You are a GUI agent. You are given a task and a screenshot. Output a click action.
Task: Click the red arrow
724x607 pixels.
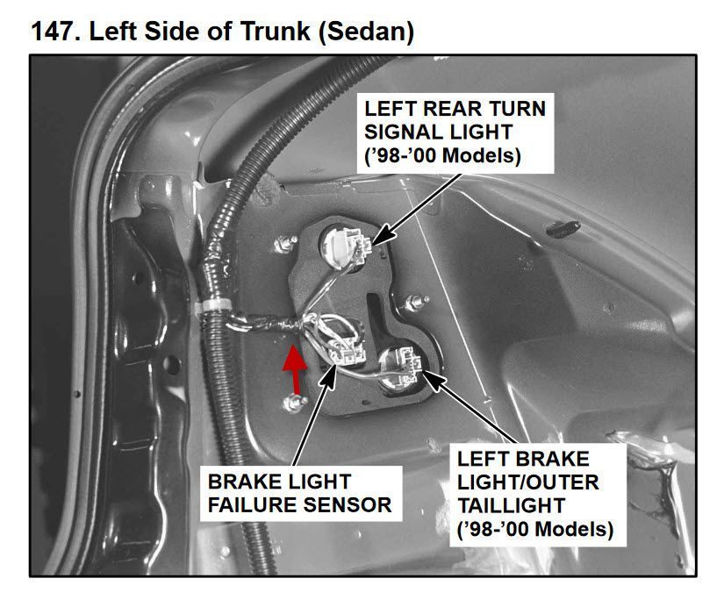tap(295, 369)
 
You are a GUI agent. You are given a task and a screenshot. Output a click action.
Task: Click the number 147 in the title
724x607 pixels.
tap(52, 32)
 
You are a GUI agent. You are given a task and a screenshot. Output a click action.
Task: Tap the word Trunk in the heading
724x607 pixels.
tap(276, 32)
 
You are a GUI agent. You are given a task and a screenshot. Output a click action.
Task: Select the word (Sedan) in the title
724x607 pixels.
tap(366, 32)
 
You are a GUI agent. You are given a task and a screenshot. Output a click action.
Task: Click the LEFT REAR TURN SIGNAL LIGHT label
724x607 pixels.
tap(455, 132)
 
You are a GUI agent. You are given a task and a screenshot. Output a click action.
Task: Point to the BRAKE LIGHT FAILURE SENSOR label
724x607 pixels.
tap(300, 494)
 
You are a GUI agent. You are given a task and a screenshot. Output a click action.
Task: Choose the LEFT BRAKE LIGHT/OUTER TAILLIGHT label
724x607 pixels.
tap(535, 495)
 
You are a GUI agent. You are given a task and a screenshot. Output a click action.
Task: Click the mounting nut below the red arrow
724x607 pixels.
tap(294, 403)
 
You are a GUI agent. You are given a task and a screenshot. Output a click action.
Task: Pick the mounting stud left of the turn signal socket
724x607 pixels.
tap(284, 244)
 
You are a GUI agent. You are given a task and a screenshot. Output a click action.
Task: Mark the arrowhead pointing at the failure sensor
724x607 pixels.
tap(329, 376)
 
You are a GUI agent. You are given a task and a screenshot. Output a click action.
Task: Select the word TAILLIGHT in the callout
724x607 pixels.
tap(511, 505)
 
